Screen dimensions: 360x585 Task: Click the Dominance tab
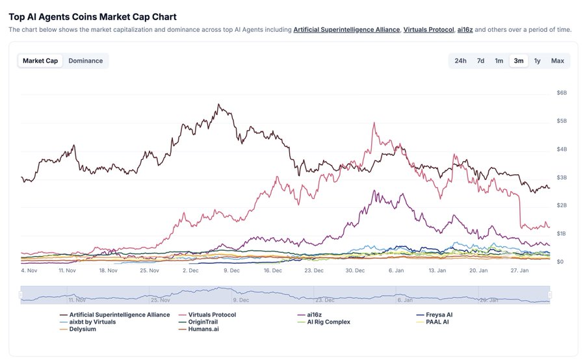pyautogui.click(x=85, y=61)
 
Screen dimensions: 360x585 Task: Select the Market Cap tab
pyautogui.click(x=40, y=61)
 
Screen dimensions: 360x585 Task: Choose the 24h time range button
pyautogui.click(x=460, y=61)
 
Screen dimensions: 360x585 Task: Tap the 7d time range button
pyautogui.click(x=480, y=61)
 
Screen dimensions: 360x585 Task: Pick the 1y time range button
pyautogui.click(x=537, y=61)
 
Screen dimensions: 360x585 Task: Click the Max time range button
pyautogui.click(x=557, y=61)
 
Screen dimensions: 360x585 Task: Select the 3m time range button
pyautogui.click(x=519, y=61)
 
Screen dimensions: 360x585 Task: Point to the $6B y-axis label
pyautogui.click(x=562, y=93)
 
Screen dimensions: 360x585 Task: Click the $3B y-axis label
pyautogui.click(x=562, y=177)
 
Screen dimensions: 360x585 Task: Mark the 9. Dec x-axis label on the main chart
pyautogui.click(x=232, y=270)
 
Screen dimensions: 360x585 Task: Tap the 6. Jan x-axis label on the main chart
pyautogui.click(x=396, y=270)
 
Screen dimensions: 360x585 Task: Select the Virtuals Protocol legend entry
pyautogui.click(x=211, y=315)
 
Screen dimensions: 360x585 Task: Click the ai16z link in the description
pyautogui.click(x=465, y=30)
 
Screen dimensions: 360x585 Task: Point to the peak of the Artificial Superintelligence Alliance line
pyautogui.click(x=219, y=104)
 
